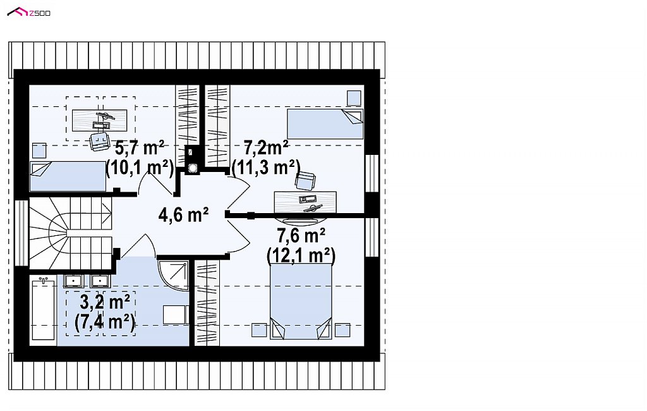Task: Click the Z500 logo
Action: (29, 13)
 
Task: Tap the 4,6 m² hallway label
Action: (184, 215)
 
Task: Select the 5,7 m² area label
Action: (140, 147)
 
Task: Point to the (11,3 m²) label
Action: (266, 168)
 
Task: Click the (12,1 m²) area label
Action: (301, 255)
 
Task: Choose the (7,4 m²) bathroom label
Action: (105, 322)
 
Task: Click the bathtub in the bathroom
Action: (43, 309)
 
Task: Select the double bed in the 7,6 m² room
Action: (301, 302)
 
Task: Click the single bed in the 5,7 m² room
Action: (68, 176)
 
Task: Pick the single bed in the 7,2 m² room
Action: (325, 124)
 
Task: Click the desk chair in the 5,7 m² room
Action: (99, 141)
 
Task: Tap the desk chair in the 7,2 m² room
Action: (305, 180)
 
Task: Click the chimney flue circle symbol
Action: (192, 168)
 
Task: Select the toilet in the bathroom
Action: (176, 315)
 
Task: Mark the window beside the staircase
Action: (21, 233)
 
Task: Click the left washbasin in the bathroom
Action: (74, 281)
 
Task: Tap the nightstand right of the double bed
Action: (342, 330)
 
